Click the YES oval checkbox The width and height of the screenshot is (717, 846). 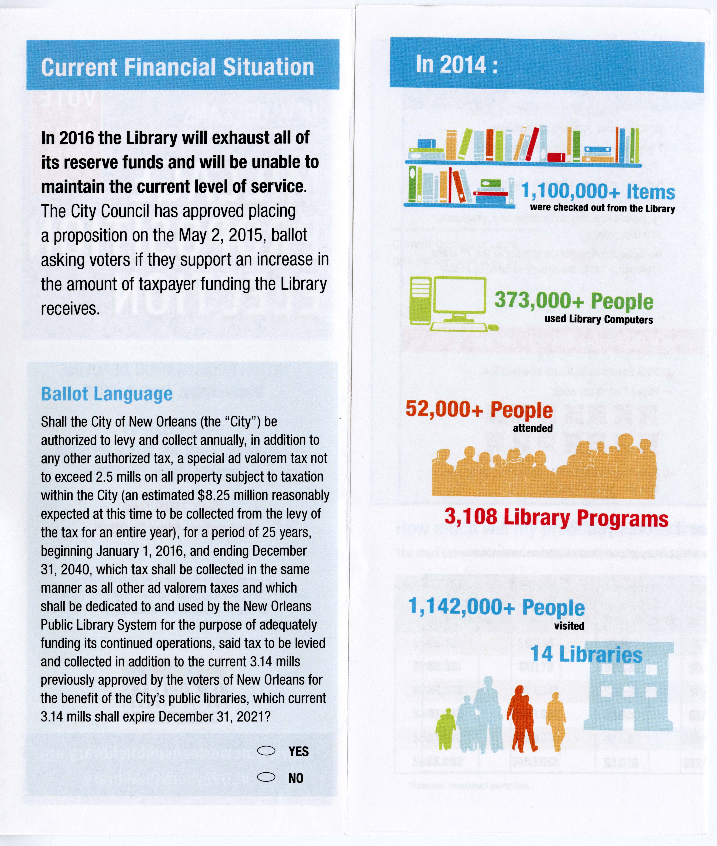pyautogui.click(x=267, y=751)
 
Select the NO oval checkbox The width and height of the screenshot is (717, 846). pyautogui.click(x=267, y=777)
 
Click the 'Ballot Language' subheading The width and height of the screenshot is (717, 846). pyautogui.click(x=107, y=394)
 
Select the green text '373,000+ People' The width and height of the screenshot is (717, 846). pyautogui.click(x=574, y=301)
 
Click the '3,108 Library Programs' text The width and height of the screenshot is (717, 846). pyautogui.click(x=556, y=517)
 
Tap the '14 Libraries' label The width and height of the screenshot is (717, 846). pyautogui.click(x=586, y=654)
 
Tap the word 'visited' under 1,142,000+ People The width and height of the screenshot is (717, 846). pyautogui.click(x=569, y=626)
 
